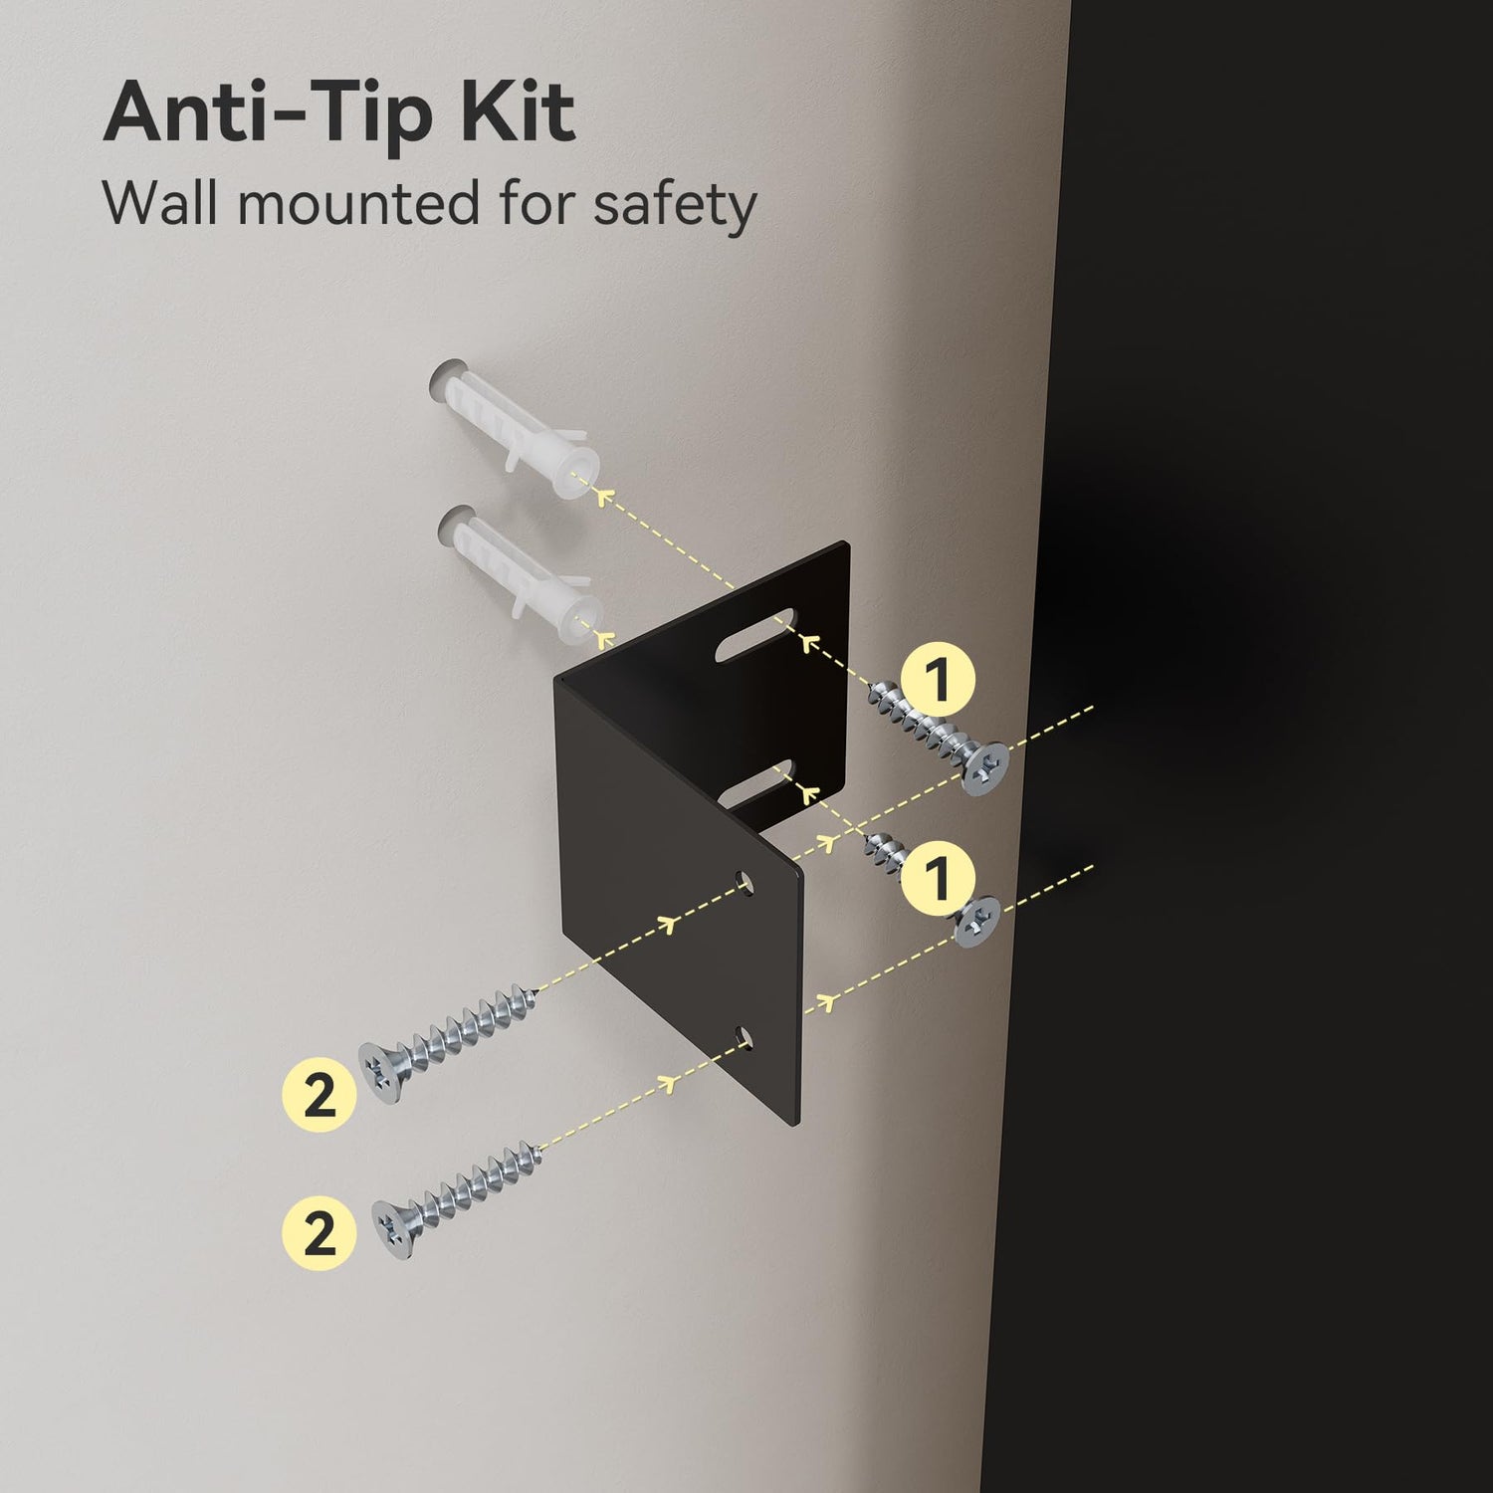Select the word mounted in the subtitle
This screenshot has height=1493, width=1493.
(x=358, y=203)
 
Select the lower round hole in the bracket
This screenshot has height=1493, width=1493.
(x=744, y=1040)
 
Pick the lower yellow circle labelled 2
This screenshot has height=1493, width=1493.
(x=320, y=1232)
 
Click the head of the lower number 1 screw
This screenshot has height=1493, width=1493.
(x=978, y=921)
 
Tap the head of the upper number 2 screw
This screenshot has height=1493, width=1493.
(x=383, y=1071)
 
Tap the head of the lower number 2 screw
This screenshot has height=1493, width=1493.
(x=396, y=1222)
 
